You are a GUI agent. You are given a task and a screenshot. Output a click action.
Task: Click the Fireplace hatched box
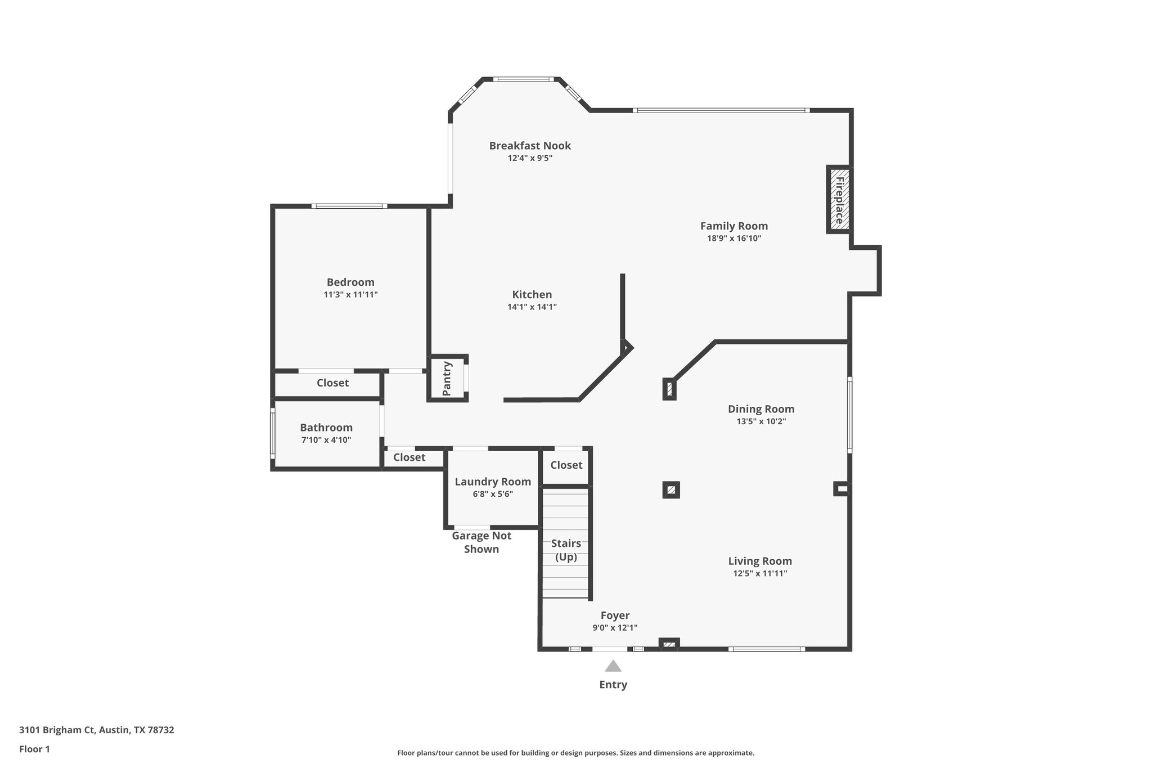pos(839,200)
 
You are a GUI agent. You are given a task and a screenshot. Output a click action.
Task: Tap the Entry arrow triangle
pos(613,667)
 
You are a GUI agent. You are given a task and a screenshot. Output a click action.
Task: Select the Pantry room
pos(447,378)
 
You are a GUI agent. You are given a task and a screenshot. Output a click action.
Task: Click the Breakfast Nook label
pos(530,146)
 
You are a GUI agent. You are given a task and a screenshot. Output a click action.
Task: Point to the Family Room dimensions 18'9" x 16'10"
pos(734,239)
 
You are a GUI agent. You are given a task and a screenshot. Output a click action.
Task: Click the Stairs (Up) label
pos(566,550)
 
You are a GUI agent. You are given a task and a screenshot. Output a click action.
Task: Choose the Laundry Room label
pos(493,482)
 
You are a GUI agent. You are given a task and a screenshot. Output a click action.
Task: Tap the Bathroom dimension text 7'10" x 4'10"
pos(326,440)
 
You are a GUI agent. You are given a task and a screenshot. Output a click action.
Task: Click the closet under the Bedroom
pos(332,383)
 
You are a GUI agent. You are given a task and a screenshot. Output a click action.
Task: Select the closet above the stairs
pos(566,465)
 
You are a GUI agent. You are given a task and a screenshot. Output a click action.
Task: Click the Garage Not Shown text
pos(481,542)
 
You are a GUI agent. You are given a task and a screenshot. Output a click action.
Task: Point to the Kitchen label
pos(532,294)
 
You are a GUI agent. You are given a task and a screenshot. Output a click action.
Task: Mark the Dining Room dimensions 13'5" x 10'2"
pos(761,421)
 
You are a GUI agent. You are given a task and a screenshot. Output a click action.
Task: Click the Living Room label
pos(760,561)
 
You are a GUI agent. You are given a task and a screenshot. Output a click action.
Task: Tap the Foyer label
pos(615,616)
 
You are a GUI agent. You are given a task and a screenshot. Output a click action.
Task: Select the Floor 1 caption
pos(34,749)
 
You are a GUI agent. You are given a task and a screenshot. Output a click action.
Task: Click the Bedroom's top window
pos(349,206)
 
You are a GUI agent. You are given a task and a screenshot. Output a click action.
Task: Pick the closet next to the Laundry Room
pos(409,457)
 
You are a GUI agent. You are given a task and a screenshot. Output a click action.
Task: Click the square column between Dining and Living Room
pos(670,490)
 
